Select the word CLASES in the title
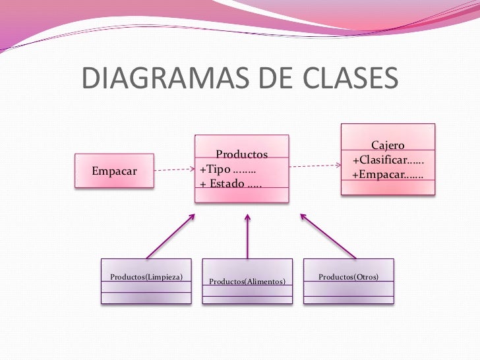click(350, 78)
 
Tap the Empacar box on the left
click(114, 171)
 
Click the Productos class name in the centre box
click(242, 154)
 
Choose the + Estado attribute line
click(230, 183)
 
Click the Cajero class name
click(388, 145)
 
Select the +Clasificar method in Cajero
click(388, 161)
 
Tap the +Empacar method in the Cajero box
click(388, 175)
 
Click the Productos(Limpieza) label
click(146, 276)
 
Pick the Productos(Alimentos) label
click(247, 282)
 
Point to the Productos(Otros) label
click(348, 276)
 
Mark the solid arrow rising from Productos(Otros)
click(328, 235)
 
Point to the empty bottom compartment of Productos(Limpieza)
click(146, 297)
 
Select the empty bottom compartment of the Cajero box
click(388, 188)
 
